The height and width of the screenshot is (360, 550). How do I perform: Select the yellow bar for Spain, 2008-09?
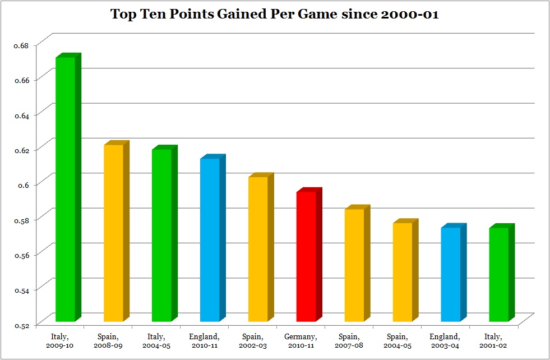click(114, 233)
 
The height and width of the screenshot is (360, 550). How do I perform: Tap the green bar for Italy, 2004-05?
click(162, 235)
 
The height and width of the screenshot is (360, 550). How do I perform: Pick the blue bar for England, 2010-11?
click(210, 239)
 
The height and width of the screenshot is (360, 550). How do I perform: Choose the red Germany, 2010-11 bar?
click(306, 256)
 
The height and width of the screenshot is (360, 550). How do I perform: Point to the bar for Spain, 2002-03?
click(258, 249)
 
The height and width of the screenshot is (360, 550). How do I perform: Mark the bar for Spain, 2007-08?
click(354, 265)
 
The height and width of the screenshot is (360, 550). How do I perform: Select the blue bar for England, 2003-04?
click(451, 274)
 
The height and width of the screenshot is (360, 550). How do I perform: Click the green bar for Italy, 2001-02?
click(498, 274)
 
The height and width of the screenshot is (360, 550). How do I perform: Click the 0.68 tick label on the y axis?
click(21, 45)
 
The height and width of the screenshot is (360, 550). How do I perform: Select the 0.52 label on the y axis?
click(21, 324)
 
